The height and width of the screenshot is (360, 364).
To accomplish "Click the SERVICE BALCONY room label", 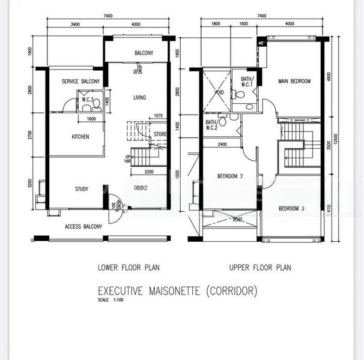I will click(80, 81).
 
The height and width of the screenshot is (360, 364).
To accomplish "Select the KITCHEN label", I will click(80, 137).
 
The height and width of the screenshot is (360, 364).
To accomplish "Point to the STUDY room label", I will click(82, 189).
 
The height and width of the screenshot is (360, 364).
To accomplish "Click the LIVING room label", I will click(139, 98).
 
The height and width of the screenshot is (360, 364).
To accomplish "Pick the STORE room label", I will click(160, 134).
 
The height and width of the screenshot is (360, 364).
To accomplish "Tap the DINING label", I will click(141, 188).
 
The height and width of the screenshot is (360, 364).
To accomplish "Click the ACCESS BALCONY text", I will click(83, 227).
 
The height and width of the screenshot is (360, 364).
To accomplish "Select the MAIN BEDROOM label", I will click(294, 81).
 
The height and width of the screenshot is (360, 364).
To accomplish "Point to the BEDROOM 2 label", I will click(229, 176).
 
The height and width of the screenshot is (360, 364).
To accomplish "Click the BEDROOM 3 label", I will click(291, 209).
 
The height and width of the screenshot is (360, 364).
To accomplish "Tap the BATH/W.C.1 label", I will click(247, 82).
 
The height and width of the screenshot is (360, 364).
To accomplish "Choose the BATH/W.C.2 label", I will click(211, 125).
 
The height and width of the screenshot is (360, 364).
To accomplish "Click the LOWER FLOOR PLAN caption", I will click(129, 268).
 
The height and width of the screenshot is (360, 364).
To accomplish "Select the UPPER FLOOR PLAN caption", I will click(259, 268).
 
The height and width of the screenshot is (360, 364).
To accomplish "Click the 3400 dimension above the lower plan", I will click(75, 24).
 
